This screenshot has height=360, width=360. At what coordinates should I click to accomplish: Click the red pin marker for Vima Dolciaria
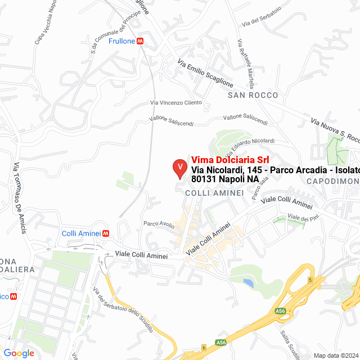tap(179, 168)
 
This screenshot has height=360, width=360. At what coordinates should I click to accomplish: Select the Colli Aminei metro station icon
tap(106, 233)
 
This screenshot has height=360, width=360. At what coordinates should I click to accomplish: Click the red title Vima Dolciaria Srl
tap(226, 159)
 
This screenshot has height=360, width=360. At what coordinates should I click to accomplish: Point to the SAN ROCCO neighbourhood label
tap(253, 96)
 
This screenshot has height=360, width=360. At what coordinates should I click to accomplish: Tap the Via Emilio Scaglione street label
tap(205, 73)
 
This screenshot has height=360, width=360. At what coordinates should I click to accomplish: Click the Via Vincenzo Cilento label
tap(175, 102)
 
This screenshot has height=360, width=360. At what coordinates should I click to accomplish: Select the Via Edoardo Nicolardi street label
tap(250, 148)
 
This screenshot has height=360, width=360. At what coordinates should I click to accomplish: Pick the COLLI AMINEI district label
tap(214, 192)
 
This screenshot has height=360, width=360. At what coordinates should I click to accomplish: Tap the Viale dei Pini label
tap(299, 218)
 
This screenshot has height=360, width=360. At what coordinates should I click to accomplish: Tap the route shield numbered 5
tap(309, 280)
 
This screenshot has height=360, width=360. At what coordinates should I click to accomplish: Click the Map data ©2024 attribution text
tap(335, 355)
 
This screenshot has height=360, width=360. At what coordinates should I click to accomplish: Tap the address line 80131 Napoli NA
tap(225, 179)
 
